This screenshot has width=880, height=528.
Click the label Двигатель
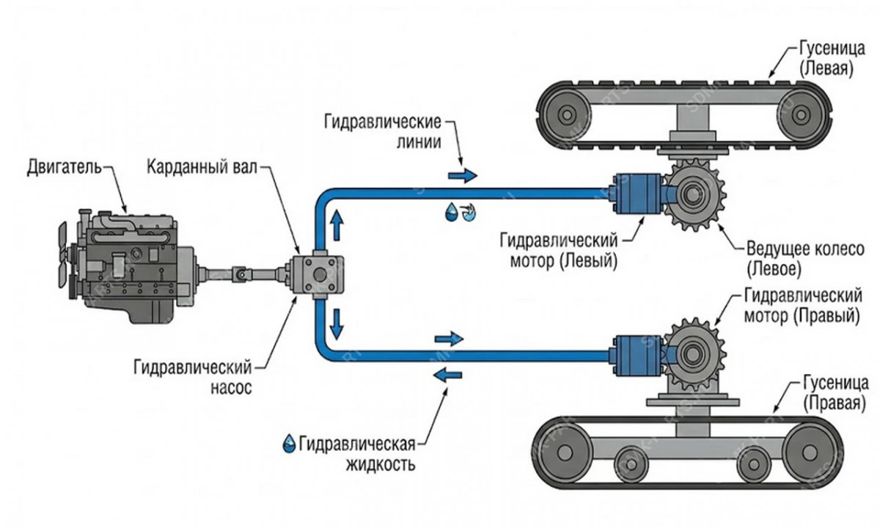point(64,169)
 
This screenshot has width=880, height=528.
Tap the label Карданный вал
point(202,168)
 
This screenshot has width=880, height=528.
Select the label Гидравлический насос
point(192,378)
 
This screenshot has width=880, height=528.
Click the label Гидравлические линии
point(383,131)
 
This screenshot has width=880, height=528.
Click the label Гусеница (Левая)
point(832,59)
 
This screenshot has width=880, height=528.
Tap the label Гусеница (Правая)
point(835,394)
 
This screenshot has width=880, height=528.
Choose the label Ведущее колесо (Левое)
point(805,259)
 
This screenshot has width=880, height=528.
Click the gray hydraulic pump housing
point(318,274)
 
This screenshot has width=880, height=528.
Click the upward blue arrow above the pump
point(337,225)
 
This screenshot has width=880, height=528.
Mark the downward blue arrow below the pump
point(337,324)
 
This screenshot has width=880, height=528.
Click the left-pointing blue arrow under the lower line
point(447,375)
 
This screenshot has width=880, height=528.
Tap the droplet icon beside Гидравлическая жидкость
point(289,443)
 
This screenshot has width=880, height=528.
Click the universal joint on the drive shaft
point(241,274)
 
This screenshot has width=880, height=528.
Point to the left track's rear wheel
point(566,114)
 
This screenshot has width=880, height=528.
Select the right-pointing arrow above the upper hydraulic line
point(463,175)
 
